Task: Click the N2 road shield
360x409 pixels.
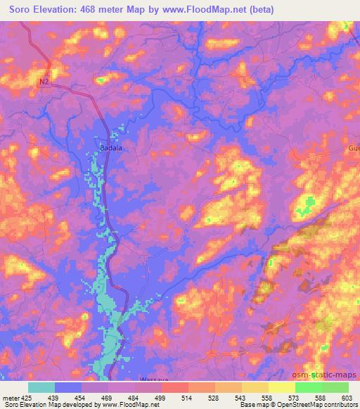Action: pyautogui.click(x=44, y=82)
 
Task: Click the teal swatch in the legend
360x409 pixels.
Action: pyautogui.click(x=41, y=387)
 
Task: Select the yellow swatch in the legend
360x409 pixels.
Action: pyautogui.click(x=281, y=387)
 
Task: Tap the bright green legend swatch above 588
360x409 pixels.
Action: pyautogui.click(x=308, y=387)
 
